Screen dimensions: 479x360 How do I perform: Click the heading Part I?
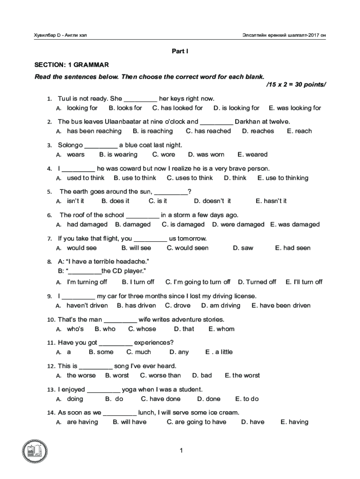pyautogui.click(x=180, y=51)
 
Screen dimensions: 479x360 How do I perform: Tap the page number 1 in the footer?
pyautogui.click(x=180, y=450)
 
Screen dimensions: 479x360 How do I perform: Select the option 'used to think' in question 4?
pyautogui.click(x=86, y=178)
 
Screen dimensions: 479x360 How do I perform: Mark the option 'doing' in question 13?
pyautogui.click(x=75, y=399)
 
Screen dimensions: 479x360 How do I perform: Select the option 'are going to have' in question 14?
pyautogui.click(x=200, y=422)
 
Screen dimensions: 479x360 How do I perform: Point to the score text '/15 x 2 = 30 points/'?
pyautogui.click(x=296, y=84)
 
